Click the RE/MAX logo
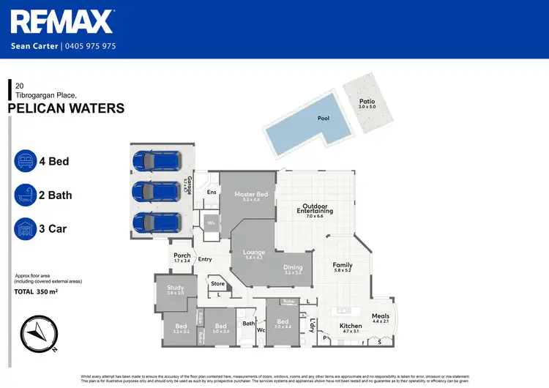pos(62,22)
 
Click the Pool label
pos(323,118)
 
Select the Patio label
pos(367,102)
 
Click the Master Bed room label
pos(250,195)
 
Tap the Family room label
pos(343,265)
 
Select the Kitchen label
pos(350,327)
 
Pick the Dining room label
pos(293,268)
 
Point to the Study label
pos(175,288)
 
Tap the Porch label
pos(182,256)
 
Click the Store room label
pos(217,283)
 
